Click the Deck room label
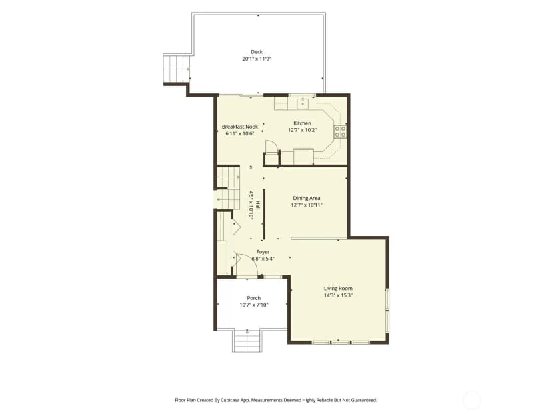257,52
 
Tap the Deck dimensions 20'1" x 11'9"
257,59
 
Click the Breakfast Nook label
240,127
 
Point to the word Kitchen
302,123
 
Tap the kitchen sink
303,103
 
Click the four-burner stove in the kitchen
341,131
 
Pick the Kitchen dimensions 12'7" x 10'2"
303,130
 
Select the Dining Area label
307,198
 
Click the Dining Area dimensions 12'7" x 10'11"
307,205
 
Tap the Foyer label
263,252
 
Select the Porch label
254,298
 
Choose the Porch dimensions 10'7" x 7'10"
254,305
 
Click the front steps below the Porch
247,341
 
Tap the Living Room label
338,289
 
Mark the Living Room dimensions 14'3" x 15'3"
338,295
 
